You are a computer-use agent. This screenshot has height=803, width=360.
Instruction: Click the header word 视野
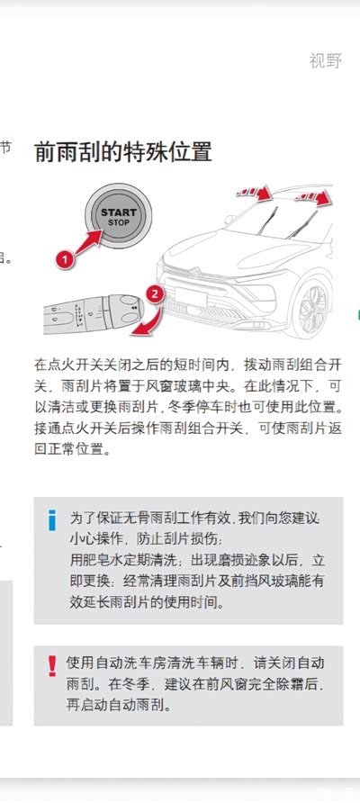(325, 60)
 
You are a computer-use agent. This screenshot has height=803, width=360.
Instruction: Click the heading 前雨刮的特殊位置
(123, 152)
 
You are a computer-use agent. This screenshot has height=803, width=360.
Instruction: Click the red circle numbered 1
(64, 259)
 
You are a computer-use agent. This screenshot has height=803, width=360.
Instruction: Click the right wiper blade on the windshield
(302, 224)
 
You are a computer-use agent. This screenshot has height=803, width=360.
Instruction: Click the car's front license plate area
(191, 296)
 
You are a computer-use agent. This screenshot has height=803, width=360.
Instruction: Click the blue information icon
(51, 519)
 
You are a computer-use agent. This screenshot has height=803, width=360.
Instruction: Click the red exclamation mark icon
(51, 666)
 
